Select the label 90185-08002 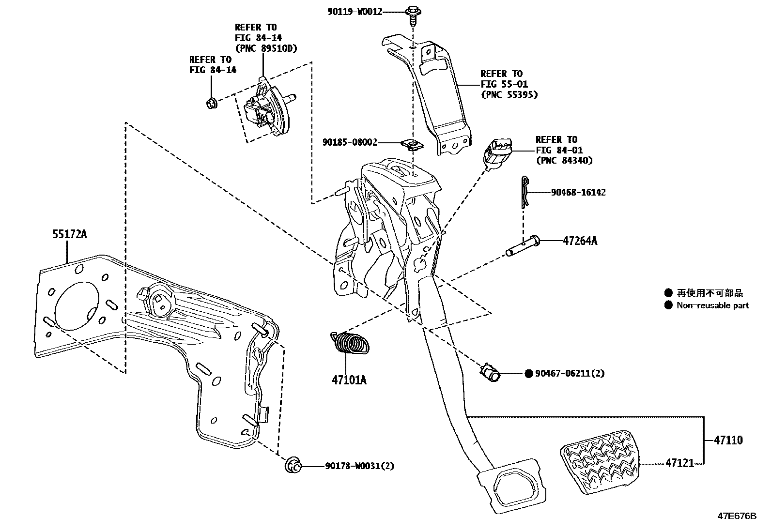(350, 143)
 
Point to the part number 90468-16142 (578, 192)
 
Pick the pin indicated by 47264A (523, 245)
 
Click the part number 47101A (349, 380)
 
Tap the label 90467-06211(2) (570, 373)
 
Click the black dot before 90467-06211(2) (529, 373)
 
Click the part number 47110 (728, 441)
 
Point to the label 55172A (69, 235)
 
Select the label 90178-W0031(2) (359, 466)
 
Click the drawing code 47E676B (737, 516)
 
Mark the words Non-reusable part (712, 305)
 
